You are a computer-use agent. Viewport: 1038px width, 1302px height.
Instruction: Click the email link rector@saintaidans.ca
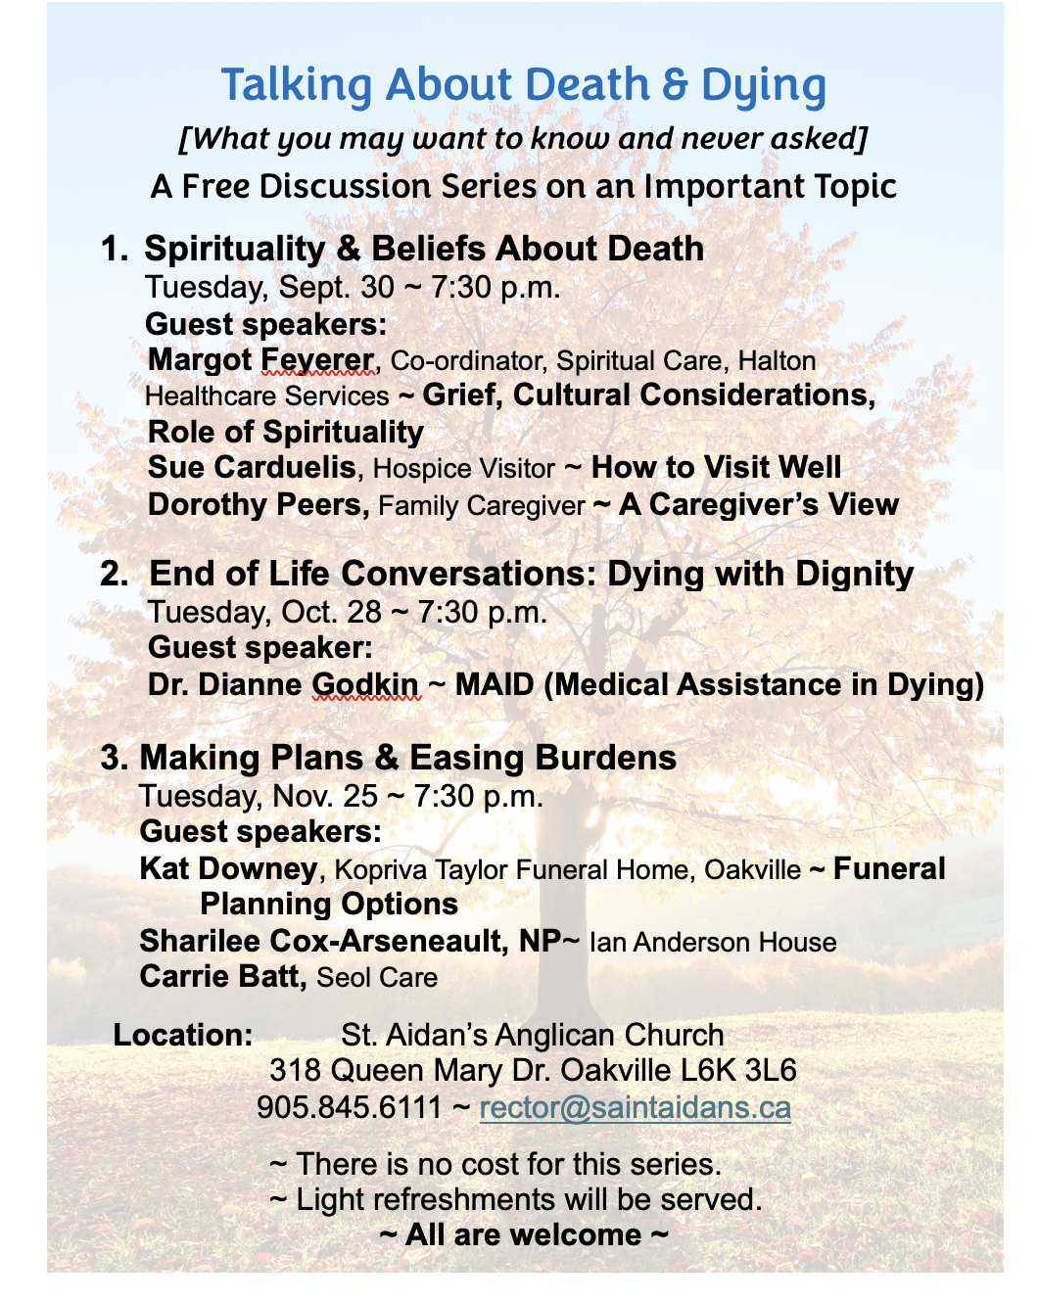pyautogui.click(x=635, y=1107)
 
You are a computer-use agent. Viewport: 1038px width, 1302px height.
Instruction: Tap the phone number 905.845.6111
pyautogui.click(x=349, y=1107)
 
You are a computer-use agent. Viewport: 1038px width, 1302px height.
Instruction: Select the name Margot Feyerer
pyautogui.click(x=260, y=360)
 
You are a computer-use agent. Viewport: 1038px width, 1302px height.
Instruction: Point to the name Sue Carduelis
pyautogui.click(x=252, y=468)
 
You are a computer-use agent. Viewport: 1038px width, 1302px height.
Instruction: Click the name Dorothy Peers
pyautogui.click(x=257, y=505)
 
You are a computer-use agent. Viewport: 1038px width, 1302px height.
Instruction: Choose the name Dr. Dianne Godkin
pyautogui.click(x=283, y=684)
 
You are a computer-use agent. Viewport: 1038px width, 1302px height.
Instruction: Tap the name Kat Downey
pyautogui.click(x=228, y=868)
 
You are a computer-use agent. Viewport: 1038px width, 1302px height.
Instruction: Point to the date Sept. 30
pyautogui.click(x=336, y=288)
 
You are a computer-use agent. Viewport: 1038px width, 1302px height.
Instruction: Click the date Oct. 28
pyautogui.click(x=331, y=613)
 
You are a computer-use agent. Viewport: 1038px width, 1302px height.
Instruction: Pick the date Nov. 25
pyautogui.click(x=325, y=796)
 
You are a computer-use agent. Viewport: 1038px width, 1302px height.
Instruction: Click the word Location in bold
pyautogui.click(x=182, y=1035)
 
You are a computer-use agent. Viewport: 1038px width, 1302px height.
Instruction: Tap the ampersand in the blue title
pyautogui.click(x=675, y=85)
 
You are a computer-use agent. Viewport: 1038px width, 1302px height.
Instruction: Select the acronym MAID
pyautogui.click(x=495, y=684)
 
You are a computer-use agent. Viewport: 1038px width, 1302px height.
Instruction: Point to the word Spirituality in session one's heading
pyautogui.click(x=234, y=249)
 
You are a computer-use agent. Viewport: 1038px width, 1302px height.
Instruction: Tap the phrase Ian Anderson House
pyautogui.click(x=713, y=943)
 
